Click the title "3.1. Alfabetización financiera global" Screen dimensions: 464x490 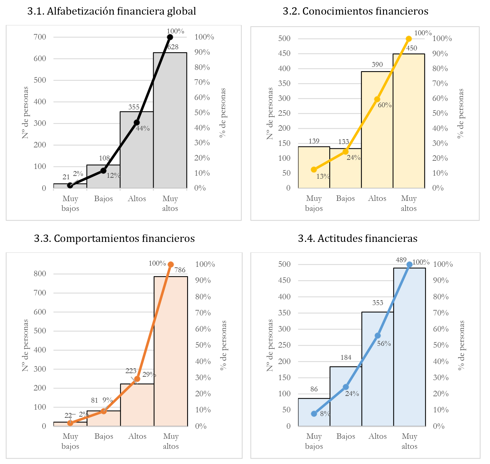coord(111,11)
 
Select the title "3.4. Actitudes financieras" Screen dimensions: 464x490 coord(358,239)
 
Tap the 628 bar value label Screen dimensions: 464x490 coord(173,47)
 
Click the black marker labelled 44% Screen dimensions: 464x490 coord(137,122)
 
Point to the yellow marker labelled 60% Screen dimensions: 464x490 coord(377,99)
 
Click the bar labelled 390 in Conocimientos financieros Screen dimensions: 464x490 coord(377,131)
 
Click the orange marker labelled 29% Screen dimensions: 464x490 coord(137,379)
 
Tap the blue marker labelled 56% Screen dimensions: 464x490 coord(378,336)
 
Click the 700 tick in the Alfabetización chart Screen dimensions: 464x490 coord(40,37)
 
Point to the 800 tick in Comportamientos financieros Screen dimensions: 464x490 coord(40,274)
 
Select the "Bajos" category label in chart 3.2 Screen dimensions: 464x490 coord(345,198)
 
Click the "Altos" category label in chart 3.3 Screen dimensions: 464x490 coord(137,436)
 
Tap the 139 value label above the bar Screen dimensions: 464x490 coord(314,141)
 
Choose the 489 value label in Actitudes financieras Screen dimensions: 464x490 coord(401,260)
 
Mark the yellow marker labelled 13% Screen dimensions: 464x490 coord(314,170)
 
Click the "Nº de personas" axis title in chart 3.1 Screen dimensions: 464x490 coord(26,112)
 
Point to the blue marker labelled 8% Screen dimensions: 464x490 coord(314,414)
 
